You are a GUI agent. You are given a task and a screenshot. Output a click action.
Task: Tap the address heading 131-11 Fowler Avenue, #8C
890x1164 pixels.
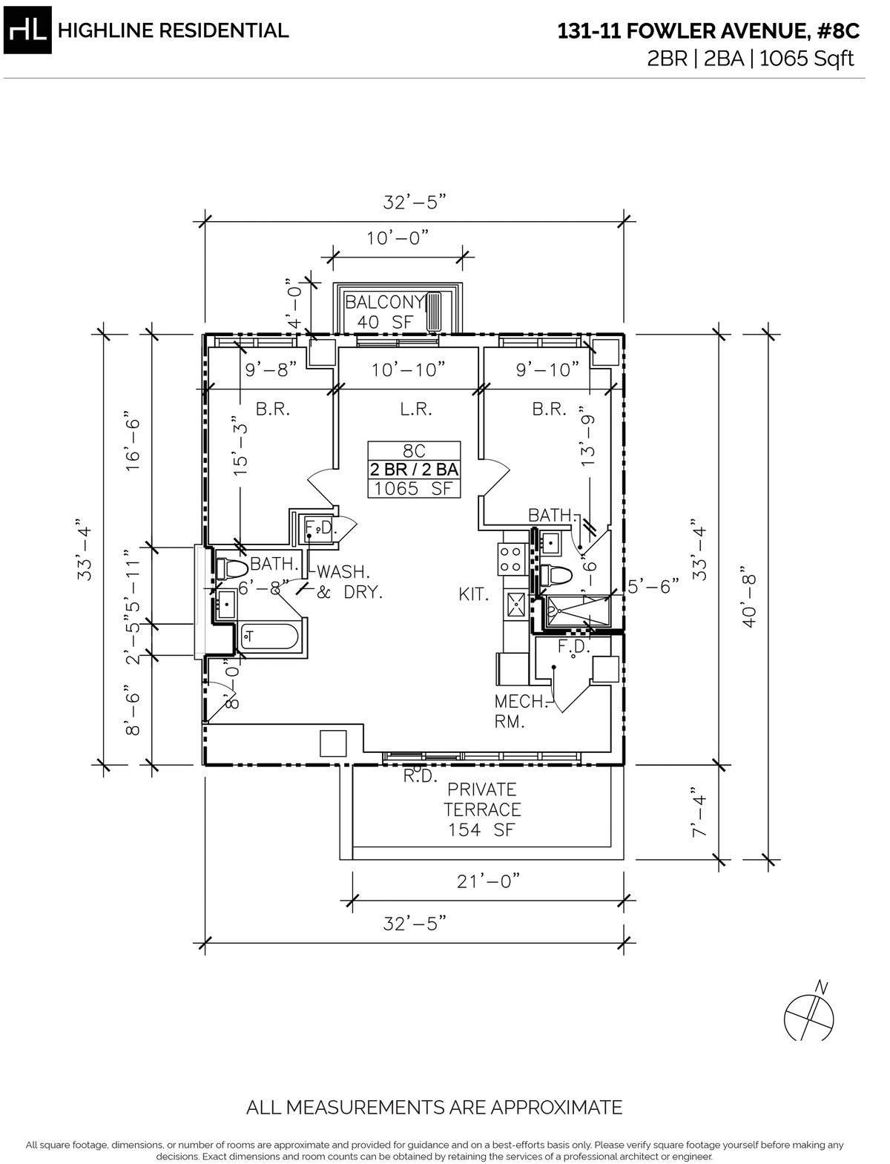point(708,32)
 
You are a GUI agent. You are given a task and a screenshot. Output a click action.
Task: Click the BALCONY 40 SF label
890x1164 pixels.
point(384,312)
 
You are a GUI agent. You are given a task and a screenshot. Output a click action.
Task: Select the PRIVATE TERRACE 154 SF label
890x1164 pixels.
point(481,809)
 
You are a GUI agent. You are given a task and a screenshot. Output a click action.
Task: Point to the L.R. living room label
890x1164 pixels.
point(409,409)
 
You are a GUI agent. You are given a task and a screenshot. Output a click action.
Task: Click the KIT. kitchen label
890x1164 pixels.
point(473,593)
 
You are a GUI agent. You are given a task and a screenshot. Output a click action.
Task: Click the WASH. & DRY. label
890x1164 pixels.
point(346,582)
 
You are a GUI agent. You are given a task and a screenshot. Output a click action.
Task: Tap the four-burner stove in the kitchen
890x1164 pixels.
point(512,559)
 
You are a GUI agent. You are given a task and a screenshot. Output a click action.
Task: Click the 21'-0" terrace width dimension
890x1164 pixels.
point(486,880)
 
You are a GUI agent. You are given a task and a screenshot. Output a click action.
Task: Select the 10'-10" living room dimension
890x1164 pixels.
point(409,369)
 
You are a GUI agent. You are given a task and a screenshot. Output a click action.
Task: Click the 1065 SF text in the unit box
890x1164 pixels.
point(415,488)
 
